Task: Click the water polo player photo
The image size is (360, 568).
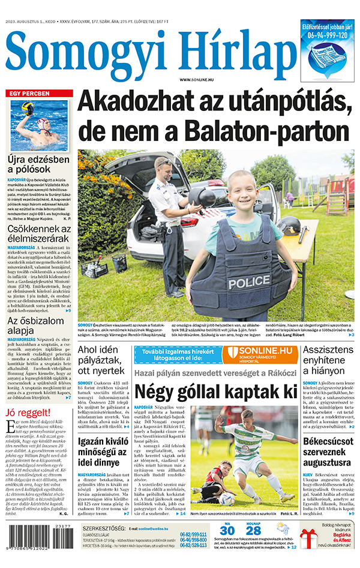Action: [x=38, y=125]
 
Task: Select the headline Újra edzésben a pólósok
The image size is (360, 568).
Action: [x=39, y=166]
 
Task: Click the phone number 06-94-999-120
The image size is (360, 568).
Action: [x=328, y=35]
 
